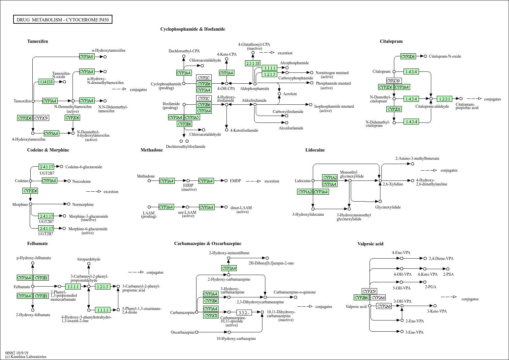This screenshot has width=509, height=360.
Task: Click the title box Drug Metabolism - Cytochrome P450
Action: tap(63, 19)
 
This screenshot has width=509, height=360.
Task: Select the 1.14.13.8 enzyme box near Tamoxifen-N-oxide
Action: tap(46, 82)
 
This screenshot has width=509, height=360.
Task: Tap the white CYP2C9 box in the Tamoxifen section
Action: tap(41, 118)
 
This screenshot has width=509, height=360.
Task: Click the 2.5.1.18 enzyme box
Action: tap(253, 63)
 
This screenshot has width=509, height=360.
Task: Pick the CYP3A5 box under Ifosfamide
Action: tap(192, 117)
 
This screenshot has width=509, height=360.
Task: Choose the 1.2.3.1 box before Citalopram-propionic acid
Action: tap(444, 99)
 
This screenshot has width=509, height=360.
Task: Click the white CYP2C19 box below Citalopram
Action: tap(394, 81)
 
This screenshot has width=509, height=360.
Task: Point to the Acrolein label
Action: tap(290, 94)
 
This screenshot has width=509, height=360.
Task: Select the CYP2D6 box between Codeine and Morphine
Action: tap(30, 191)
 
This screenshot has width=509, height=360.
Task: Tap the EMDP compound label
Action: tap(235, 181)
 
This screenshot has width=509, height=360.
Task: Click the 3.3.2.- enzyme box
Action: tap(244, 313)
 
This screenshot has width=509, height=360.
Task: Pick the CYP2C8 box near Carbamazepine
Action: tap(211, 316)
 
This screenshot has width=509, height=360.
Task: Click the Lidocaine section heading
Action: tap(315, 150)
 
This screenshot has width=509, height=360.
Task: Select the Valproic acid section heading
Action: tap(371, 244)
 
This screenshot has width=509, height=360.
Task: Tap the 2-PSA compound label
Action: tap(448, 274)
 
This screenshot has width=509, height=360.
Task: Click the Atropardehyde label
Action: tap(88, 259)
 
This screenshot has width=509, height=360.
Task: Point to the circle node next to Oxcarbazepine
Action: tap(196, 332)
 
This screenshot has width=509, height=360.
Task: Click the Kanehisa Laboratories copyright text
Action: tap(26, 357)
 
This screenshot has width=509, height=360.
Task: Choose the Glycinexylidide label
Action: tap(388, 207)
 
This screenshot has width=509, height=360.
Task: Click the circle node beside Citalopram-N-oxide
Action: tap(425, 56)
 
